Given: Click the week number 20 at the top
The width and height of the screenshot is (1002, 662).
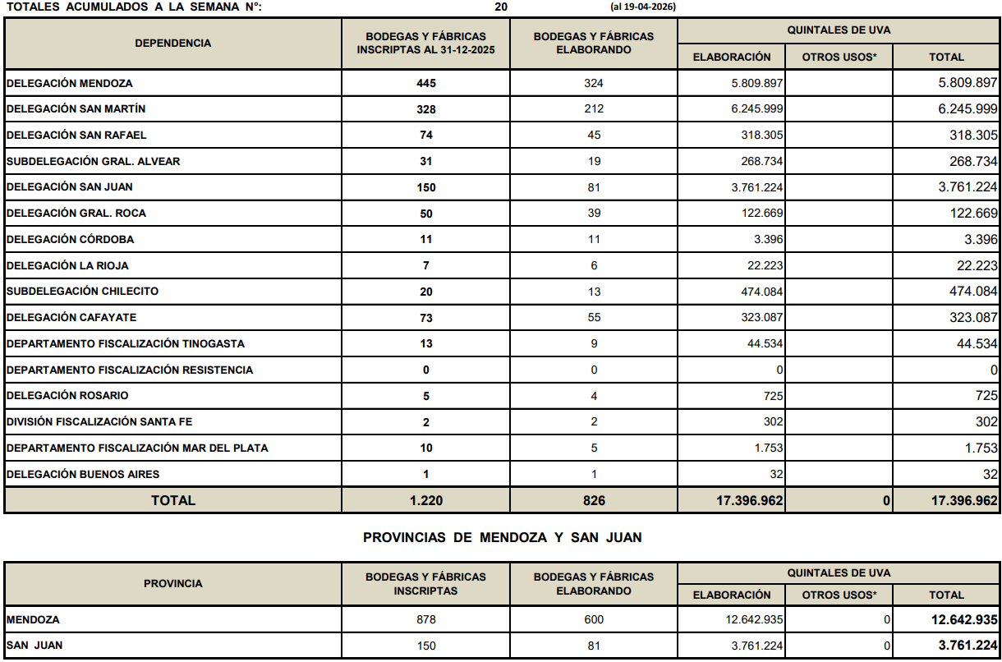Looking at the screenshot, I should (x=501, y=7).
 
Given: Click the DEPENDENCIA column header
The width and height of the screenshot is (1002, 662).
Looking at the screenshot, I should (x=173, y=44).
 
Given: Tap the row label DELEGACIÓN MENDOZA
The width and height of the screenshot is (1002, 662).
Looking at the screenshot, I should (x=70, y=83).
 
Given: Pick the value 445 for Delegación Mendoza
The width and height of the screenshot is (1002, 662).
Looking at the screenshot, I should (x=425, y=84).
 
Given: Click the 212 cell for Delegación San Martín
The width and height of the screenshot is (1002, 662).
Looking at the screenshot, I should (x=594, y=109).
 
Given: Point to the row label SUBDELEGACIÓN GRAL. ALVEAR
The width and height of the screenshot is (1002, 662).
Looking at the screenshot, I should (x=94, y=161).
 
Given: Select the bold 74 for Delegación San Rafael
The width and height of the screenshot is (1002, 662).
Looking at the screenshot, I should (x=425, y=136).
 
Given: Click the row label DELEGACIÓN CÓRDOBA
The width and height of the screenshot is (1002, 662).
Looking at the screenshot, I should (x=70, y=240).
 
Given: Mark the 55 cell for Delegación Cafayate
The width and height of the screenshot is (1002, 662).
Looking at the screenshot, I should (x=594, y=318).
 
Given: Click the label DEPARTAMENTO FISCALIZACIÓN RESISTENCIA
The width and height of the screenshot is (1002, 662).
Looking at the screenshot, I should (x=130, y=370).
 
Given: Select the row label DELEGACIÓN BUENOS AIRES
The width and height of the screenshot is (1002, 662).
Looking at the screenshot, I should (x=83, y=474).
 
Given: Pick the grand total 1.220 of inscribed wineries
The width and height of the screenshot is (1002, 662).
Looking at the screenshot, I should (x=425, y=500).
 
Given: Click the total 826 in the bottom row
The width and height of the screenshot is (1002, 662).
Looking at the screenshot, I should (x=594, y=500).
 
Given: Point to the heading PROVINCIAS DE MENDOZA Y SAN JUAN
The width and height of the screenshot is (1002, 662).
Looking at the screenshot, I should (x=502, y=538).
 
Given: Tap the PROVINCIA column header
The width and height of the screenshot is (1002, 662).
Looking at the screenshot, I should (x=173, y=584).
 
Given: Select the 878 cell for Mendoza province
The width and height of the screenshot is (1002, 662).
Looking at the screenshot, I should (x=425, y=620).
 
